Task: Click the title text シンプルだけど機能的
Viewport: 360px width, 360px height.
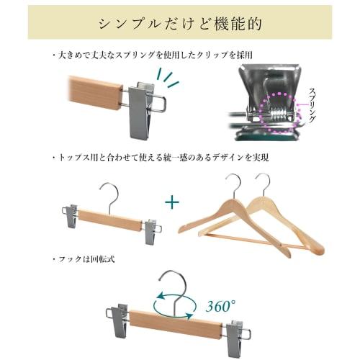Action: pyautogui.click(x=180, y=22)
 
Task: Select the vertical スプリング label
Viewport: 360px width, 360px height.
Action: pyautogui.click(x=310, y=104)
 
